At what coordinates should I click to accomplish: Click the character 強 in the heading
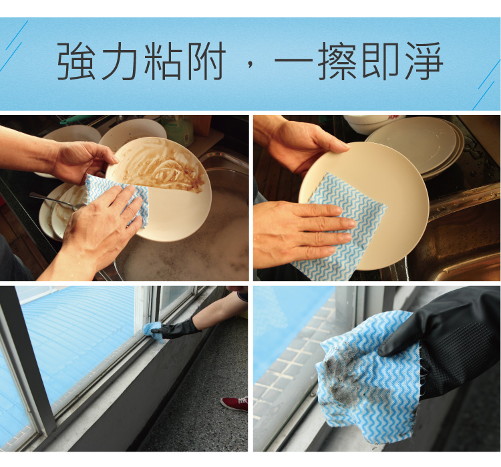point(77,61)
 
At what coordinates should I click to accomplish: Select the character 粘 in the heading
point(162,61)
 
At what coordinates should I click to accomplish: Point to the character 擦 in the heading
point(337,61)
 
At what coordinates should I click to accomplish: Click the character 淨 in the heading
point(424,61)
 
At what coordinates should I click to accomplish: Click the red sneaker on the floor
point(234,404)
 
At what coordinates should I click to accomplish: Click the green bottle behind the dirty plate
point(178,130)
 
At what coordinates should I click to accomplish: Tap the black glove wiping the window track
point(175,330)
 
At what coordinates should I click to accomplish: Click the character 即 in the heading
point(381,61)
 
